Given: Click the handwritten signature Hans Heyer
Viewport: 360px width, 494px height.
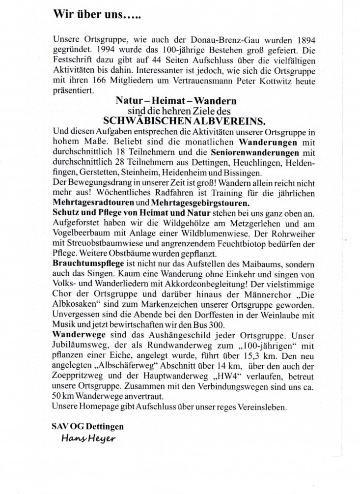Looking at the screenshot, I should pyautogui.click(x=88, y=439).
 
